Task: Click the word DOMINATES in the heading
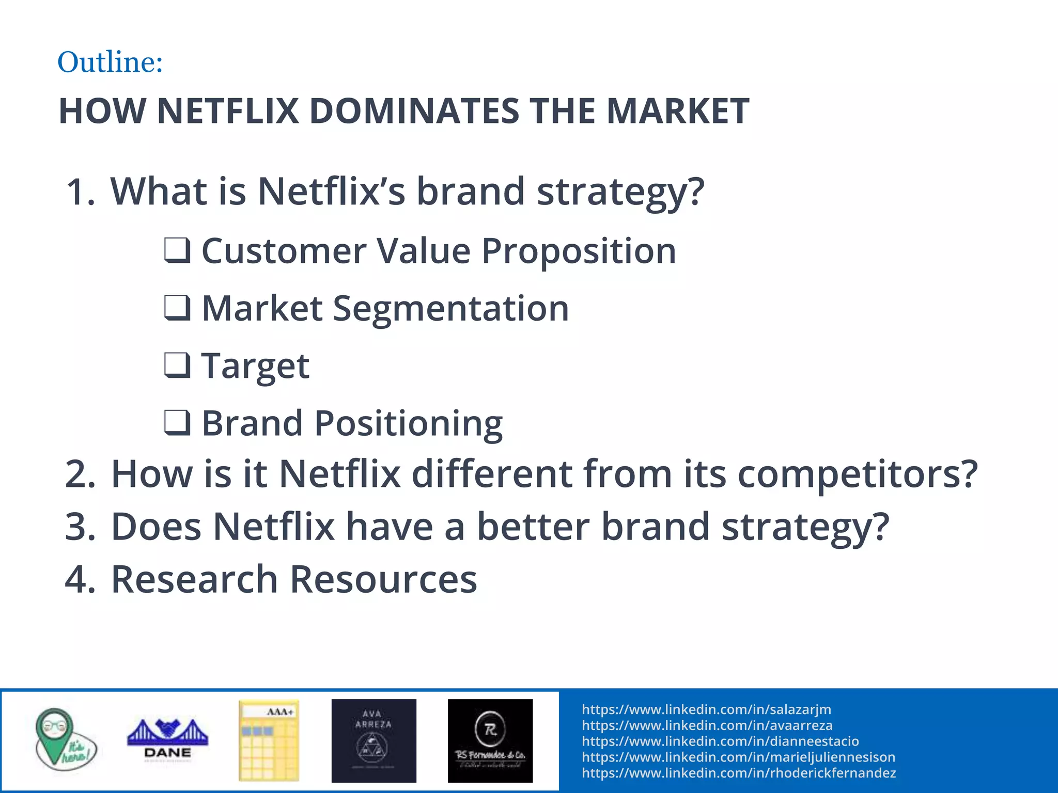tap(414, 111)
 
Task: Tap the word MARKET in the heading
tap(677, 111)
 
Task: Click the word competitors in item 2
tap(857, 474)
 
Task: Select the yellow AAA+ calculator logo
tap(269, 739)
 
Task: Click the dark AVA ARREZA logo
tap(374, 740)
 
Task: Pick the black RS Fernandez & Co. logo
tap(490, 740)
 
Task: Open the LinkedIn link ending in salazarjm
tap(706, 709)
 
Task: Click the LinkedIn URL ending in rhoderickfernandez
tap(739, 773)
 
